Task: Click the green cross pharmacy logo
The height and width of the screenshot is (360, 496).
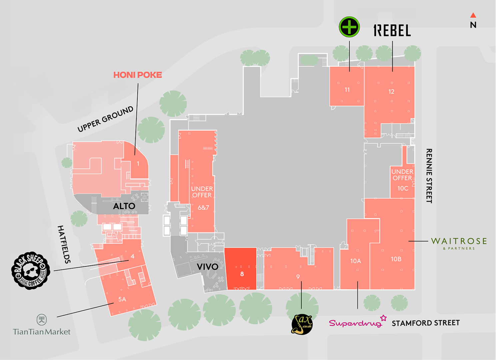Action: pyautogui.click(x=349, y=27)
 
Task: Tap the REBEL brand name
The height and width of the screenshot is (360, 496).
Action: pyautogui.click(x=392, y=31)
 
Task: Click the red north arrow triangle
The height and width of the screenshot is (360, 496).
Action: pyautogui.click(x=473, y=15)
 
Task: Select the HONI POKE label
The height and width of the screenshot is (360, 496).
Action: pyautogui.click(x=137, y=75)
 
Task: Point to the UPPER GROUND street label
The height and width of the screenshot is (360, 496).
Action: pyautogui.click(x=105, y=119)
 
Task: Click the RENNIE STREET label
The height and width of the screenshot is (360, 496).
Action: pyautogui.click(x=429, y=176)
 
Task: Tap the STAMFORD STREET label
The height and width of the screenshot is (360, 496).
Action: pyautogui.click(x=425, y=323)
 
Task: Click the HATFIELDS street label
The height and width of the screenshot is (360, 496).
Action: pyautogui.click(x=64, y=244)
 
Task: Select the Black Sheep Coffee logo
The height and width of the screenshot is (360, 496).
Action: pyautogui.click(x=31, y=270)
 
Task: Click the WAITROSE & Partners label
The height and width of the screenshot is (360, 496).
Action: pyautogui.click(x=459, y=243)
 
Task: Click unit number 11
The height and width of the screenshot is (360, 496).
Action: pyautogui.click(x=347, y=90)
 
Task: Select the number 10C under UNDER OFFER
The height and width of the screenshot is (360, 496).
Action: pyautogui.click(x=403, y=188)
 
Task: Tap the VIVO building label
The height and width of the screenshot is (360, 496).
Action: pyautogui.click(x=207, y=267)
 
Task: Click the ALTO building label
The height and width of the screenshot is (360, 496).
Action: pyautogui.click(x=124, y=206)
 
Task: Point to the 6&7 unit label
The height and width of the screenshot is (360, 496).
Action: pyautogui.click(x=203, y=208)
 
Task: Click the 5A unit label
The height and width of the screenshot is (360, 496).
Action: pyautogui.click(x=122, y=299)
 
